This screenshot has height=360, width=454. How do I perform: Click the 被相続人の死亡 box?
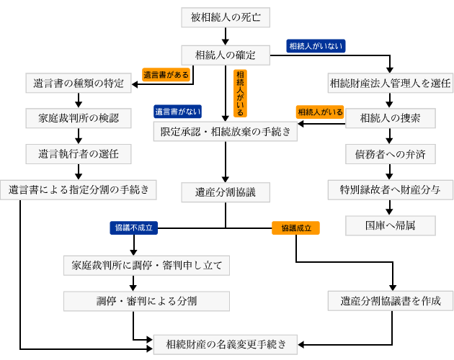pyautogui.click(x=226, y=16)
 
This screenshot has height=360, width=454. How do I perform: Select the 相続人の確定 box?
pyautogui.click(x=226, y=54)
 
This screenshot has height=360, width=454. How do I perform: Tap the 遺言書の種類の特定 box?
pyautogui.click(x=79, y=83)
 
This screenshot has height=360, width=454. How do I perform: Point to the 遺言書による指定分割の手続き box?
pyautogui.click(x=79, y=189)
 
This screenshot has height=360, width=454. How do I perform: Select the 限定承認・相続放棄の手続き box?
pyautogui.click(x=226, y=130)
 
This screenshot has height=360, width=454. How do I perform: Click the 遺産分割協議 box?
pyautogui.click(x=226, y=192)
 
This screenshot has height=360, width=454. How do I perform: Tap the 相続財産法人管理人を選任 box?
pyautogui.click(x=390, y=83)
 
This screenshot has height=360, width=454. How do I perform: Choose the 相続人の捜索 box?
pyautogui.click(x=390, y=117)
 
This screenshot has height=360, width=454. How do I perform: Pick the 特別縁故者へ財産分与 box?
pyautogui.click(x=390, y=189)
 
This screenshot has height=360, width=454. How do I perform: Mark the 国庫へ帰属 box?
pyautogui.click(x=390, y=225)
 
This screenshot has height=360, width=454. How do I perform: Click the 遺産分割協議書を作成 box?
pyautogui.click(x=390, y=300)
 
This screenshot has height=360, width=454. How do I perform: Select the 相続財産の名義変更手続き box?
pyautogui.click(x=226, y=343)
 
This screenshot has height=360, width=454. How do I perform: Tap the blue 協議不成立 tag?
pyautogui.click(x=134, y=228)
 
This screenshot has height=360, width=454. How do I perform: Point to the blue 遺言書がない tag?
pyautogui.click(x=177, y=112)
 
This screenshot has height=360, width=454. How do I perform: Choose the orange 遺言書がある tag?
pyautogui.click(x=166, y=74)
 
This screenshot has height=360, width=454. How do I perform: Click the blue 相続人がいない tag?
pyautogui.click(x=316, y=45)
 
